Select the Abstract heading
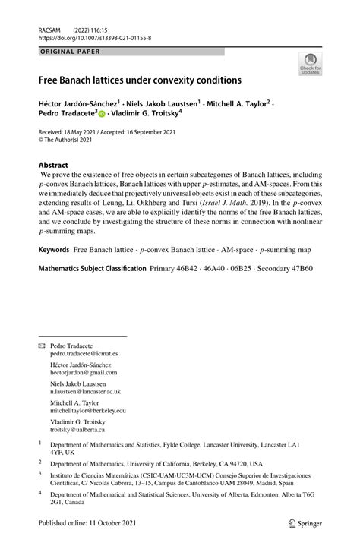click(x=53, y=165)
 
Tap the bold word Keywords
click(x=54, y=249)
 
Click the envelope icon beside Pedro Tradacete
click(x=42, y=345)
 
